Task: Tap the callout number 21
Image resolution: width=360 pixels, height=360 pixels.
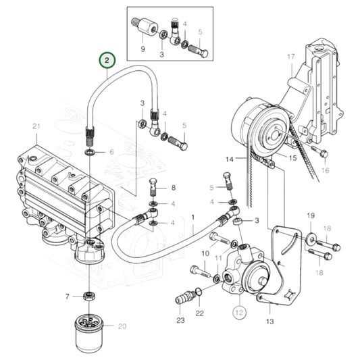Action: [36, 126]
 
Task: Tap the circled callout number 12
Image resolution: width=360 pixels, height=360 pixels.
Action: [239, 312]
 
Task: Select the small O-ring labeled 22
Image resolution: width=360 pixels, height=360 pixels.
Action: [197, 292]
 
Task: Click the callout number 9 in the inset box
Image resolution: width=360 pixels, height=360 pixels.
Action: [143, 50]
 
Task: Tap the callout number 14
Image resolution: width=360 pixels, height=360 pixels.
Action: [229, 159]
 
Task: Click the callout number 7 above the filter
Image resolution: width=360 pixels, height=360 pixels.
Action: [68, 296]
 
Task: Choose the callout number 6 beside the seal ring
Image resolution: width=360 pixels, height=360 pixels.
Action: [112, 153]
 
